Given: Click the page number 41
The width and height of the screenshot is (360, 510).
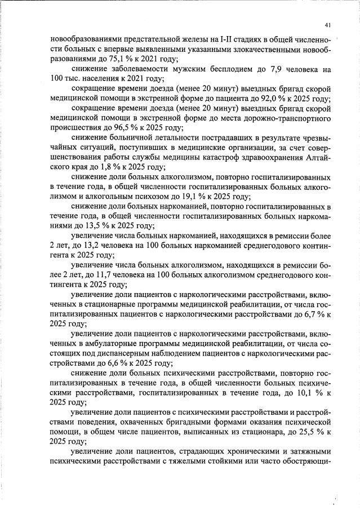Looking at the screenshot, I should click(x=328, y=25).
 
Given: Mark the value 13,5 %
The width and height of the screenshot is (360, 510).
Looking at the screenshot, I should click(x=85, y=225).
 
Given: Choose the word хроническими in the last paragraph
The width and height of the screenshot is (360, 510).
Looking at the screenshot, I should click(x=245, y=451).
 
